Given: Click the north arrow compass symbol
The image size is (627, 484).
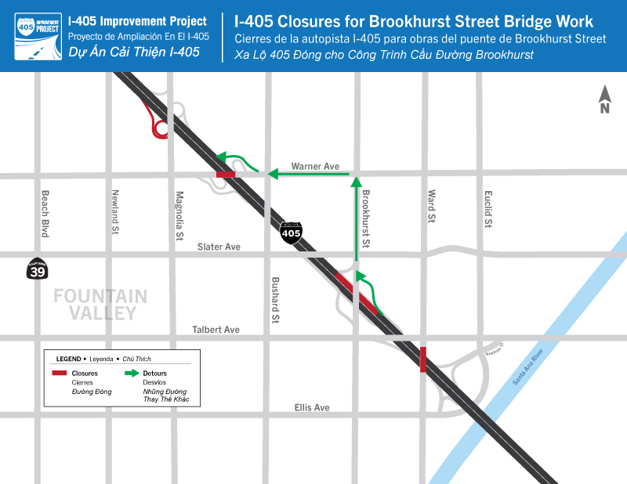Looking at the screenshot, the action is pyautogui.click(x=605, y=99).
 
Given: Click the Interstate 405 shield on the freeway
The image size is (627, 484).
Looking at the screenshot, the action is pyautogui.click(x=291, y=231).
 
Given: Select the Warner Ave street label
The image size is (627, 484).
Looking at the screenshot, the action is pyautogui.click(x=315, y=166).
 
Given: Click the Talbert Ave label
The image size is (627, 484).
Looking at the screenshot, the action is pyautogui.click(x=216, y=330).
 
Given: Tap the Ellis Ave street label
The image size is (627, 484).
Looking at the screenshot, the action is pyautogui.click(x=312, y=407).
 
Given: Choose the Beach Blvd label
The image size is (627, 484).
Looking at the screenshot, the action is pyautogui.click(x=45, y=213).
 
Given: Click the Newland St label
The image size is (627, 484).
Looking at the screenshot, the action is pyautogui.click(x=114, y=212).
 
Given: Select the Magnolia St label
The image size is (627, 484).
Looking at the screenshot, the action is pyautogui.click(x=179, y=215).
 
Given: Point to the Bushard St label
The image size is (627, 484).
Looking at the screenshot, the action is pyautogui.click(x=275, y=300).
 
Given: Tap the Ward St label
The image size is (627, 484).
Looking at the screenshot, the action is pyautogui.click(x=431, y=207).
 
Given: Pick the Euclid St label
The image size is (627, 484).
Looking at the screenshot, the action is pyautogui.click(x=487, y=209).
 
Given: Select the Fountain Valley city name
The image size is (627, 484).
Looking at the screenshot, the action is pyautogui.click(x=100, y=305).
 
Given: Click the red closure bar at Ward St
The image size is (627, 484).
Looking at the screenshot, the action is pyautogui.click(x=423, y=359).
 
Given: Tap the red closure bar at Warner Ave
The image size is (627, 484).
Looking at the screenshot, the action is pyautogui.click(x=225, y=175).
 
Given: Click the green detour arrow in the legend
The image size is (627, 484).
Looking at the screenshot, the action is pyautogui.click(x=131, y=374).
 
